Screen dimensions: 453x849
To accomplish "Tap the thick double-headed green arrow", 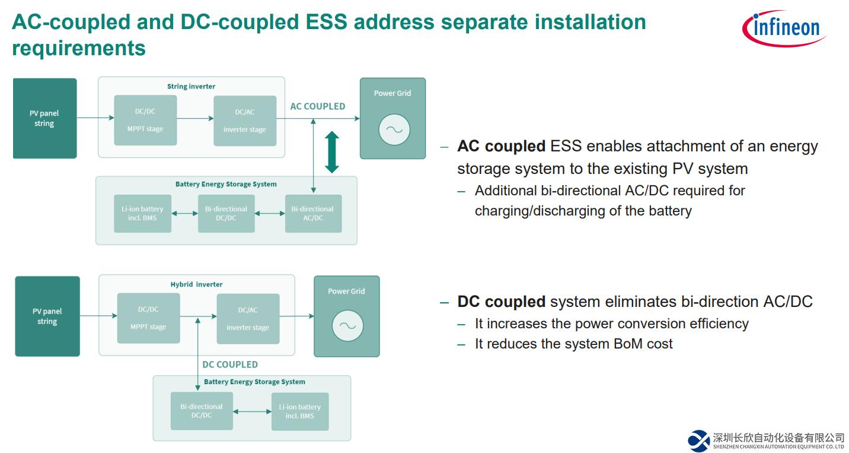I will pos(332,152).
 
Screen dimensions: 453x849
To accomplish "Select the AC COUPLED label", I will pos(317,106).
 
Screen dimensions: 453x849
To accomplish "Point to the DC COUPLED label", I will pos(230,365).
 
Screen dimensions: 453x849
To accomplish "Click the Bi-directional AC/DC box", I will pos(313,214).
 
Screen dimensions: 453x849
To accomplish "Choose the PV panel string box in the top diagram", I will pos(44,118).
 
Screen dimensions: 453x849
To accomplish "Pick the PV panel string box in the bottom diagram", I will pos(47,316).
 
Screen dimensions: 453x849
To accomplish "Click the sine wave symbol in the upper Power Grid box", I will pos(394,130).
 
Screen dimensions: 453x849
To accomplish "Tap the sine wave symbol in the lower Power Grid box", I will pos(347,325).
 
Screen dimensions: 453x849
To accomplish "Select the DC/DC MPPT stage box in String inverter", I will pos(145,120).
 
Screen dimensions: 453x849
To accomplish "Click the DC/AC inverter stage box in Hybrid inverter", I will pos(248,319).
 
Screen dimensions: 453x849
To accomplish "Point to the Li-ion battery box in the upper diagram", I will pos(142,214).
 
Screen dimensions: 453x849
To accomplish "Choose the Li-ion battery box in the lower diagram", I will pos(299,411).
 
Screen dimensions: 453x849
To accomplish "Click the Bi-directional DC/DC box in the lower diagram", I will pos(202,411).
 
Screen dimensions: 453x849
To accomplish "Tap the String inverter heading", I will pos(191,86).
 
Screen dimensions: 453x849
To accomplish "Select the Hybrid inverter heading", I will pos(196,284).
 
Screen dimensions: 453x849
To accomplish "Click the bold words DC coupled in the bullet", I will pos(501,302).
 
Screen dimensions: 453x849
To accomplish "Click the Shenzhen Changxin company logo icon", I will pos(698,441).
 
